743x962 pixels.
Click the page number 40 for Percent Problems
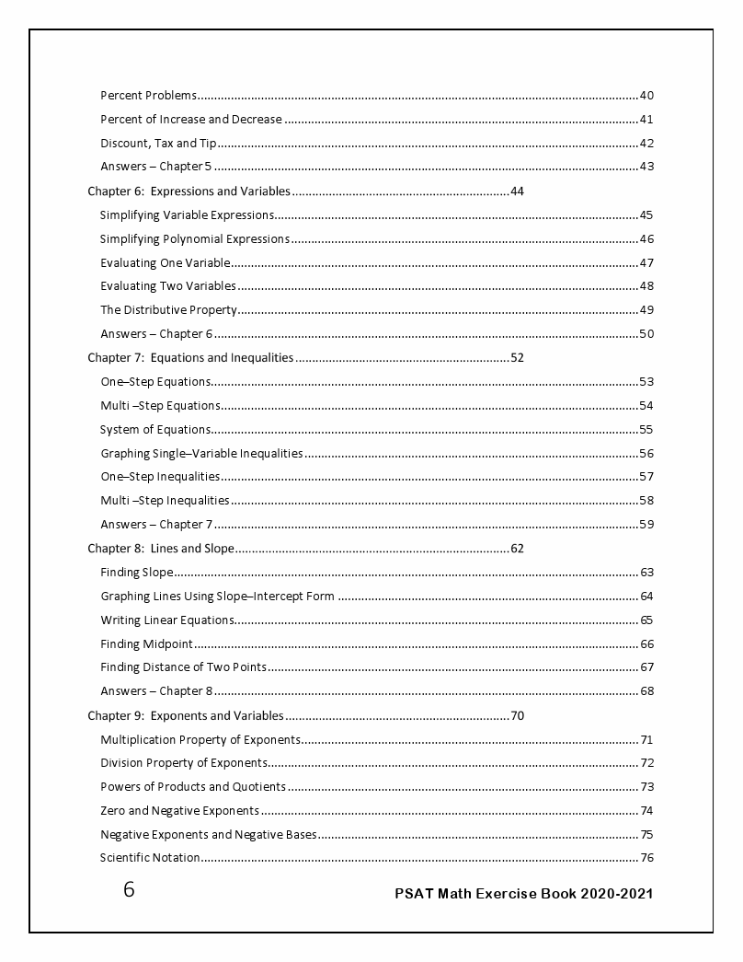pos(646,96)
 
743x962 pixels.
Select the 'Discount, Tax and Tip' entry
pos(158,144)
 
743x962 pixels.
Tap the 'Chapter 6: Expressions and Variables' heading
pos(189,191)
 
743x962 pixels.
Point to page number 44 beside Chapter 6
pos(517,191)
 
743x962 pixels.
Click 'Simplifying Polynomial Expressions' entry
pos(195,239)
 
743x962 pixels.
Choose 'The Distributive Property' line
pos(169,310)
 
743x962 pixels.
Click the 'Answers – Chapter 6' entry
pos(156,334)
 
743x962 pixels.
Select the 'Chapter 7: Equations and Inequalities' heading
pos(190,358)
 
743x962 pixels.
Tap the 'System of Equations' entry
pos(155,430)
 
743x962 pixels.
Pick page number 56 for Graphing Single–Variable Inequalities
pos(646,454)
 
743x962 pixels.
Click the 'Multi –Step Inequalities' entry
pos(165,501)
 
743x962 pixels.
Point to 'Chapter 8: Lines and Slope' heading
pos(161,549)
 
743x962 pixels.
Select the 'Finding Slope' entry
pos(137,573)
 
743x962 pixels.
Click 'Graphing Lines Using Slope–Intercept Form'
pos(217,597)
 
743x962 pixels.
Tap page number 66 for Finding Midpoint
pos(646,644)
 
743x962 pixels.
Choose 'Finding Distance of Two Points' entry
pos(184,667)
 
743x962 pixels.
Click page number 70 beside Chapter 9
pos(517,715)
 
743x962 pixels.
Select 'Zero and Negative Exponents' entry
pos(179,811)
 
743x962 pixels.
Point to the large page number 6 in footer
pos(129,890)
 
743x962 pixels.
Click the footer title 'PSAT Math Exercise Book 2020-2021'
pos(524,893)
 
